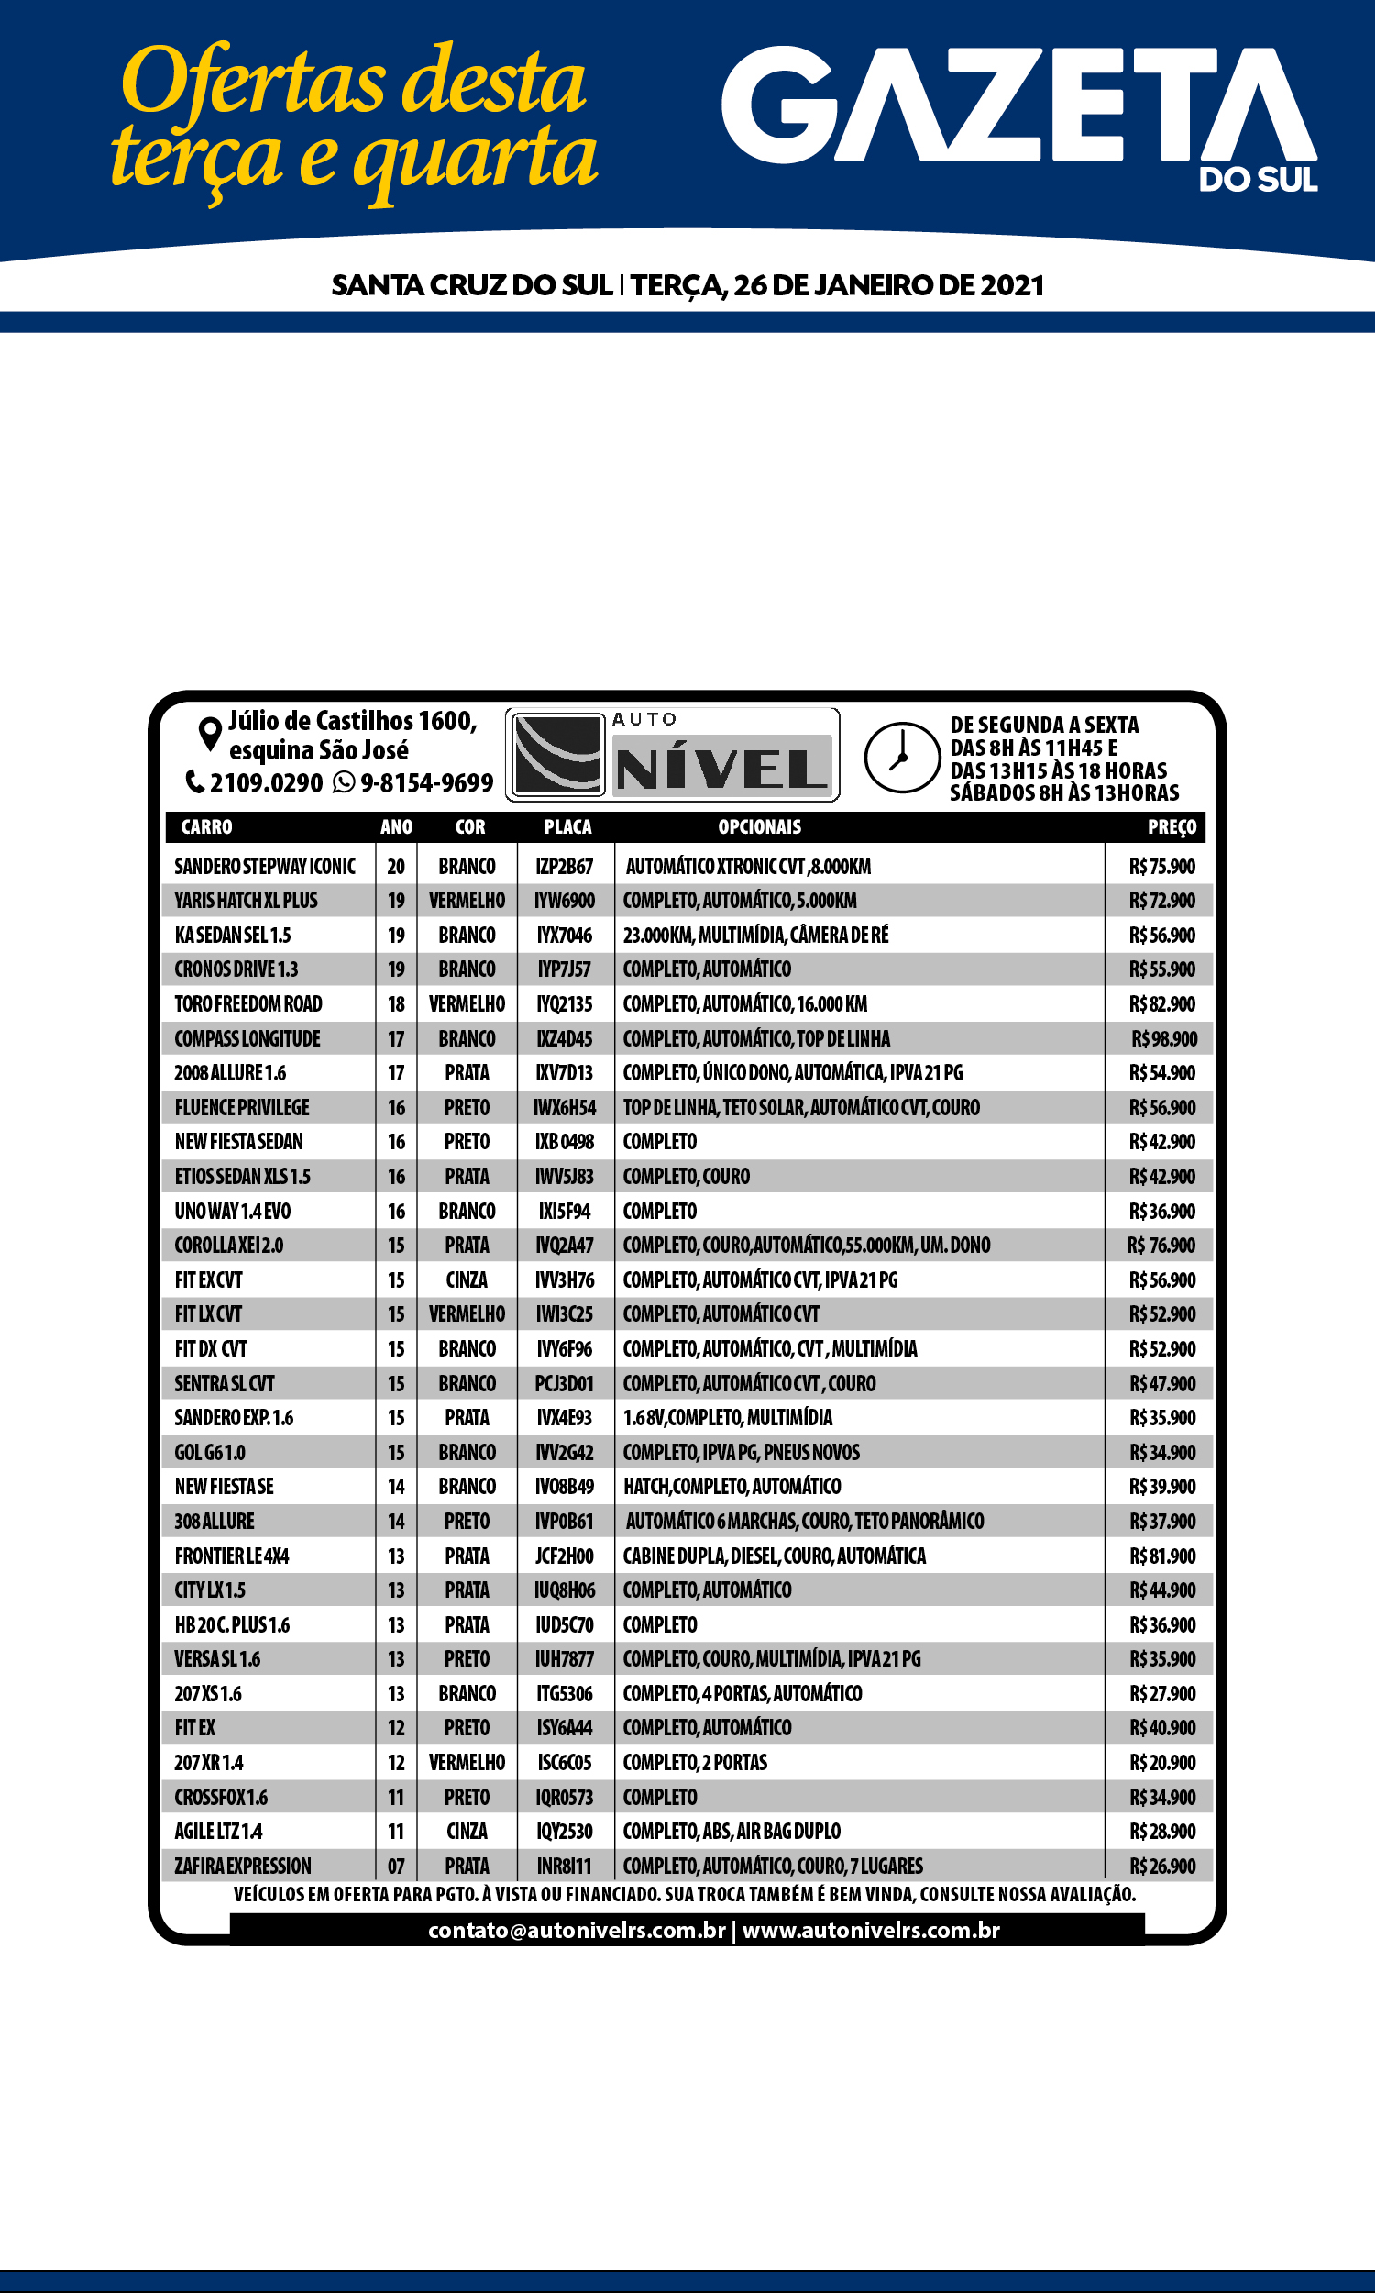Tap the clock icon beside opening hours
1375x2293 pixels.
[901, 758]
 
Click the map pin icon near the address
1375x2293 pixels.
[210, 734]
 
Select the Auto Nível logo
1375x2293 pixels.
[673, 756]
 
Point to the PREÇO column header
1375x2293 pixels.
[1171, 826]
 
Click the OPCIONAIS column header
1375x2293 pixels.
[759, 826]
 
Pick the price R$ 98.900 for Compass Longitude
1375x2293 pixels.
[1164, 1039]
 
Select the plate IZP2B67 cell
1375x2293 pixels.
[565, 867]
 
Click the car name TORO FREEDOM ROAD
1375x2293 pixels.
[248, 1003]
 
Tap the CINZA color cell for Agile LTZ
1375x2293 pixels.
[467, 1832]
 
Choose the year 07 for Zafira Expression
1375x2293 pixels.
[396, 1866]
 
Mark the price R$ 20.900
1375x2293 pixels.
[1162, 1763]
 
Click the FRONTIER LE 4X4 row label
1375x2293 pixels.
[232, 1556]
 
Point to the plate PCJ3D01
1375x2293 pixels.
[565, 1384]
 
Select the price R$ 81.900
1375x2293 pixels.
[1162, 1556]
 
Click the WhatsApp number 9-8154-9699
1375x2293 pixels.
[426, 783]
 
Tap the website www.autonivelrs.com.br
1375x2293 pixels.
[871, 1931]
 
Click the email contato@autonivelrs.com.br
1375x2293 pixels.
[577, 1931]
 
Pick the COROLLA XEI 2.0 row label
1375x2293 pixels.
[229, 1246]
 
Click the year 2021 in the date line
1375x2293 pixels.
[1012, 285]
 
